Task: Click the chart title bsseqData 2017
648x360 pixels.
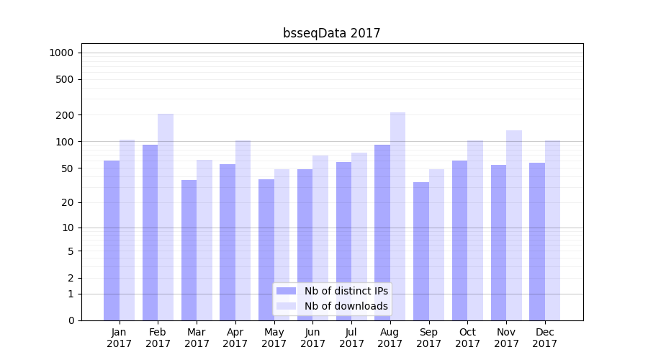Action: point(331,33)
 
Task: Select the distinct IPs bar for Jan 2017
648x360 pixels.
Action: point(112,240)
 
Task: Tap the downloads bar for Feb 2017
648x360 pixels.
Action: point(166,217)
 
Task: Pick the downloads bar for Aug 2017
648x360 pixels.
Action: point(397,216)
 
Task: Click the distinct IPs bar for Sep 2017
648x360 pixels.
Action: point(421,251)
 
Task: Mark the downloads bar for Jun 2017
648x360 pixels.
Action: point(320,238)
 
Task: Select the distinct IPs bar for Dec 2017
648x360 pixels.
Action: point(537,241)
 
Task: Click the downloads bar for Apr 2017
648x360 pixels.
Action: point(243,230)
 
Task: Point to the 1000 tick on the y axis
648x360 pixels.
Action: point(61,53)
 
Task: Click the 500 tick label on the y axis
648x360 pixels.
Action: point(66,79)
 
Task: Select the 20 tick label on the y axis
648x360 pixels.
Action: point(68,202)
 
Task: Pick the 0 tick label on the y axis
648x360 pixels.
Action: point(71,320)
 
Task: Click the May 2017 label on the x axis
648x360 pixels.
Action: point(274,338)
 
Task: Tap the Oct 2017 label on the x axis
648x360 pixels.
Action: point(467,338)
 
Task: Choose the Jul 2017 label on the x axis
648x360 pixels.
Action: point(351,338)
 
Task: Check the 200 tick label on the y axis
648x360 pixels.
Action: point(66,115)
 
